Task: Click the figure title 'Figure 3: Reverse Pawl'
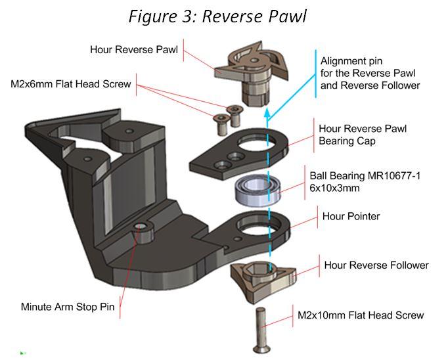pyautogui.click(x=217, y=16)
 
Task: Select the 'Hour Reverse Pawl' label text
pyautogui.click(x=134, y=51)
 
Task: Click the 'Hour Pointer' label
pyautogui.click(x=350, y=215)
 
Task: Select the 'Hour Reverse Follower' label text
pyautogui.click(x=376, y=265)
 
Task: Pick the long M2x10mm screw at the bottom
pyautogui.click(x=259, y=328)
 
